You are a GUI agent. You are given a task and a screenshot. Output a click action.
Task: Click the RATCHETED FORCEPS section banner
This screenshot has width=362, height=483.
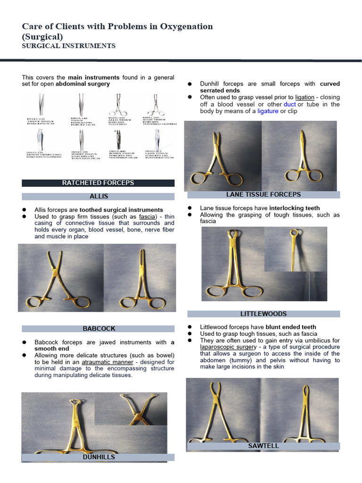(x=98, y=183)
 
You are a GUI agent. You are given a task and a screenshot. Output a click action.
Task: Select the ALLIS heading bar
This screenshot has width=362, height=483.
(x=99, y=196)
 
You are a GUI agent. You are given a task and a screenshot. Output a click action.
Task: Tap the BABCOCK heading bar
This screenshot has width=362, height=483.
(x=99, y=328)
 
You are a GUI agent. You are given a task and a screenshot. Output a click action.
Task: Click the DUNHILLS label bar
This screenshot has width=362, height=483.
(x=99, y=457)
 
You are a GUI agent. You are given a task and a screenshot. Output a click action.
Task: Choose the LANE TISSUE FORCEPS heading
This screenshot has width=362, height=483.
(x=263, y=194)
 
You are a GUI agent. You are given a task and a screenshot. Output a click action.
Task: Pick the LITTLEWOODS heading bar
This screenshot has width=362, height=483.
(x=263, y=314)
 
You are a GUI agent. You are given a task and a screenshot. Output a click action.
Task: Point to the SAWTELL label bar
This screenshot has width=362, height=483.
(x=263, y=446)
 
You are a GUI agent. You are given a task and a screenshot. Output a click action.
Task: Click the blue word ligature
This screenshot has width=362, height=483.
(x=267, y=111)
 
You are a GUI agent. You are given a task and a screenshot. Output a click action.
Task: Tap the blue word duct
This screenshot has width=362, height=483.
(x=289, y=104)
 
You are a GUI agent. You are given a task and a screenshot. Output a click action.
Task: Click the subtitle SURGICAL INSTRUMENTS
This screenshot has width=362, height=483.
(x=69, y=46)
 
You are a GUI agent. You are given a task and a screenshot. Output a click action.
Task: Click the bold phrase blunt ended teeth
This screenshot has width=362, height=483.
(x=291, y=327)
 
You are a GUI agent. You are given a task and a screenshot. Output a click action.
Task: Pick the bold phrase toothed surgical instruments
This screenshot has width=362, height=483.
(x=121, y=209)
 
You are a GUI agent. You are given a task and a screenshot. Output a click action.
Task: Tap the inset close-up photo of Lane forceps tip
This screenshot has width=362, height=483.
(x=295, y=249)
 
